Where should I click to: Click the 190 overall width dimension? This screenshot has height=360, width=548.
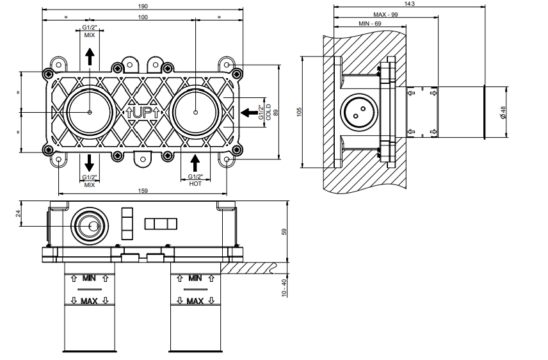coord(141,5)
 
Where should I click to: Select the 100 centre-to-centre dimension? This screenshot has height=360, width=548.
coord(142,17)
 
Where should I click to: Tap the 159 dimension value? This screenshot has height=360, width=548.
coord(142,190)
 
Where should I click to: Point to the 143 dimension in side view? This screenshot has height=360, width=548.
coord(410,4)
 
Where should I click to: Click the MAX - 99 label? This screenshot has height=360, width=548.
coord(386,14)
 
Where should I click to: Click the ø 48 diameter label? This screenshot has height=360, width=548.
coord(504,112)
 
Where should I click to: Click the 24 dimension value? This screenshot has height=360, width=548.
coord(19,213)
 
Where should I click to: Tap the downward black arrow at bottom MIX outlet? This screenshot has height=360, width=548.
coord(89,161)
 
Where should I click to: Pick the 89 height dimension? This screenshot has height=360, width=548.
coord(276,112)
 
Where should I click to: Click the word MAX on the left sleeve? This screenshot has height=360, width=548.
coord(89,301)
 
